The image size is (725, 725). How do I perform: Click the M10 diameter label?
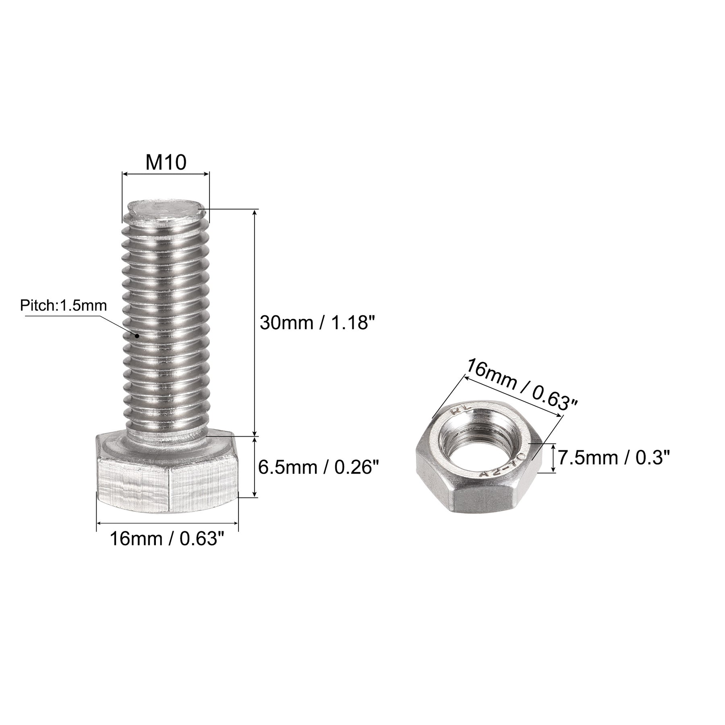point(166,163)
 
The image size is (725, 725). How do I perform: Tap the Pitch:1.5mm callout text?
point(63,306)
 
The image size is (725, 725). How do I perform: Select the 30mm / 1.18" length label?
point(314,323)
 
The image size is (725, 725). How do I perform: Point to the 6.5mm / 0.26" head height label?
point(319,468)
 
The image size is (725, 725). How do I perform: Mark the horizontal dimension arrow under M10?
point(166,174)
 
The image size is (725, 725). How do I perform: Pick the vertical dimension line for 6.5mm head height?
point(255,467)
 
